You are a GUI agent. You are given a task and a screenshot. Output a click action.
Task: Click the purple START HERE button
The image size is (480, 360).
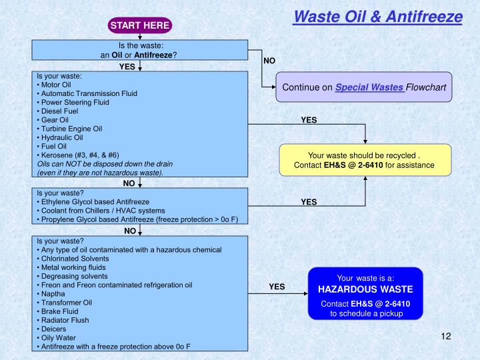click(141, 25)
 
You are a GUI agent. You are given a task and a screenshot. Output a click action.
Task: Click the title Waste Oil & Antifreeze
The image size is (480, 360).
click(377, 16)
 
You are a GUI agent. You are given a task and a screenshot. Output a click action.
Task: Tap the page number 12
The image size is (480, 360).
click(447, 336)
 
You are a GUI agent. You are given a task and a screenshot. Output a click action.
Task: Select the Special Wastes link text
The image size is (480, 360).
click(369, 87)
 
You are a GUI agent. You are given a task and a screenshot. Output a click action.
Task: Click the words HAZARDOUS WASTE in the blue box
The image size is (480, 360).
click(365, 290)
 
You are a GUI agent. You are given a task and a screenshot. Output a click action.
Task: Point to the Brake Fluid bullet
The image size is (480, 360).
click(58, 311)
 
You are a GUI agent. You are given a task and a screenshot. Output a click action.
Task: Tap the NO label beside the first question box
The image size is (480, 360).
click(269, 60)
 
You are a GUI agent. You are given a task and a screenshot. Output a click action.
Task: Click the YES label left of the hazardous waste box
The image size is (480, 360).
click(277, 287)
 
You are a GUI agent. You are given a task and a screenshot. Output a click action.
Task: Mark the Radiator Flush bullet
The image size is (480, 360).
click(63, 319)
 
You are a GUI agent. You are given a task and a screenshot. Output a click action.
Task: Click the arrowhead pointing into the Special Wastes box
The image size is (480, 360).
click(273, 87)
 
